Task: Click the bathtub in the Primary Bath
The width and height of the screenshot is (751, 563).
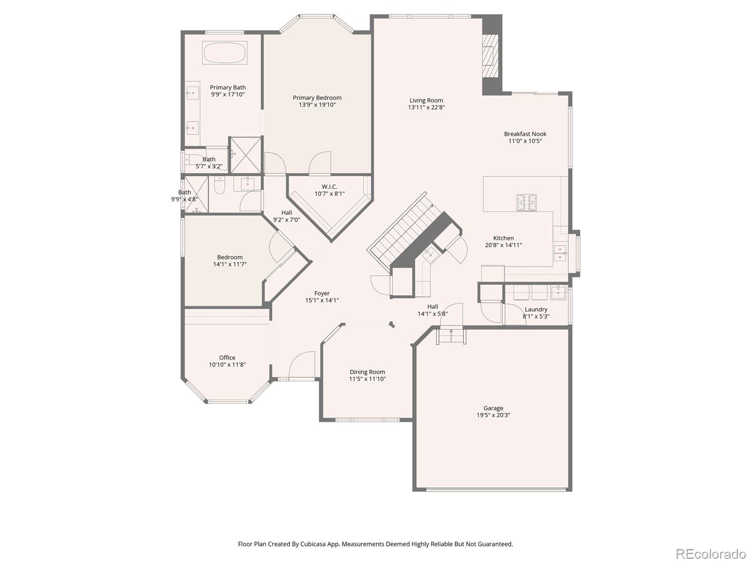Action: pyautogui.click(x=225, y=53)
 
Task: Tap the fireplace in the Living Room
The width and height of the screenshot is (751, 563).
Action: pyautogui.click(x=490, y=55)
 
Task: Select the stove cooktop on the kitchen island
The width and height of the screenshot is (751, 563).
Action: pyautogui.click(x=527, y=203)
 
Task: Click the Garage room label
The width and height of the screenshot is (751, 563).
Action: pyautogui.click(x=493, y=408)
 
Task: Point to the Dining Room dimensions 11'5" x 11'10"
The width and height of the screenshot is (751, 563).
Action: pyautogui.click(x=367, y=379)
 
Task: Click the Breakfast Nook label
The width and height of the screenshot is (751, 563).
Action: pyautogui.click(x=525, y=134)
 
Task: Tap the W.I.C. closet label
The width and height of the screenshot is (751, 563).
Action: pyautogui.click(x=330, y=187)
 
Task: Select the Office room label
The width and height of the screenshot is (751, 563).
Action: pyautogui.click(x=227, y=358)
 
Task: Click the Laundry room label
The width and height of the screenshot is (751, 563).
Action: pyautogui.click(x=536, y=309)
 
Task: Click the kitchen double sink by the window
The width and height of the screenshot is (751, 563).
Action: pyautogui.click(x=560, y=253)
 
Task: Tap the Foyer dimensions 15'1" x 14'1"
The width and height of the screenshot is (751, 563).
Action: pyautogui.click(x=322, y=300)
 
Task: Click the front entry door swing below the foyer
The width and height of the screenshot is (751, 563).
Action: pyautogui.click(x=302, y=365)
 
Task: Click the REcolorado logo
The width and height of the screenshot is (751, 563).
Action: pyautogui.click(x=710, y=554)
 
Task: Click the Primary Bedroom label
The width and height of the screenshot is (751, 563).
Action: pyautogui.click(x=317, y=98)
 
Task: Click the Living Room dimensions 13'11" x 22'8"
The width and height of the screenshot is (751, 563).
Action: pyautogui.click(x=426, y=107)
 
